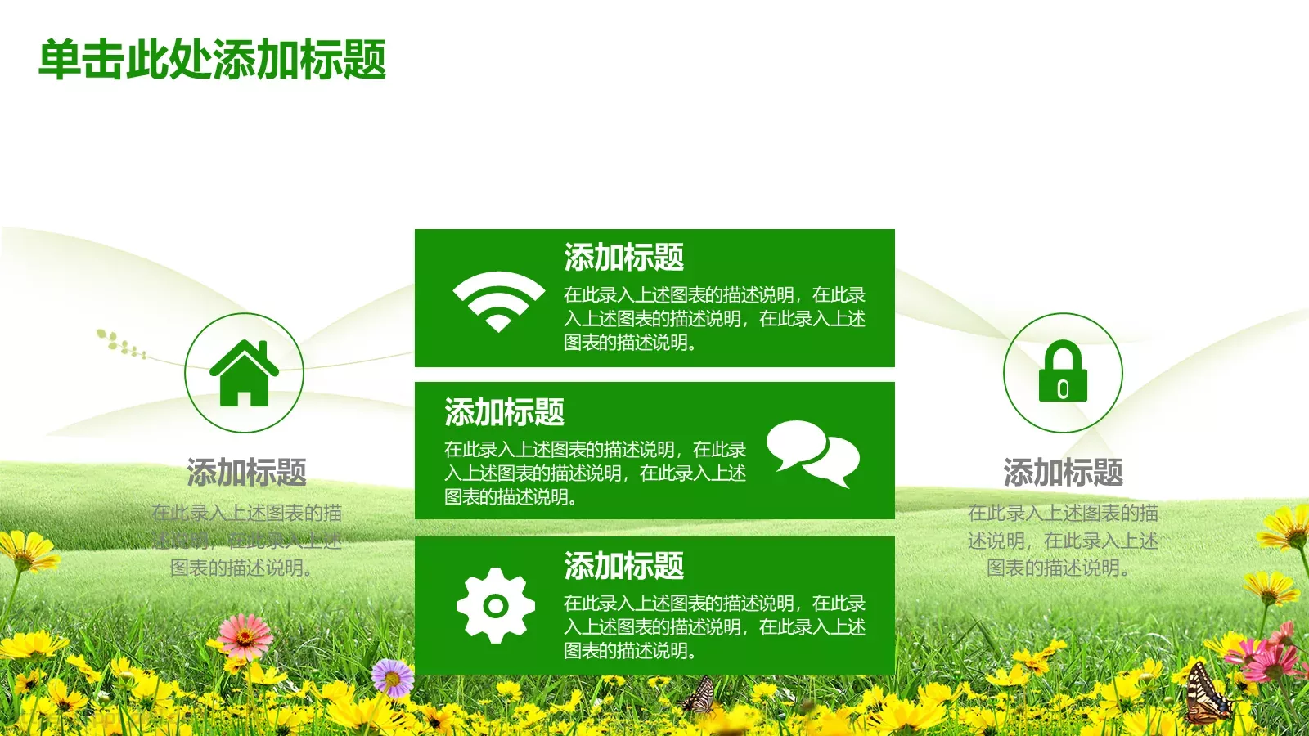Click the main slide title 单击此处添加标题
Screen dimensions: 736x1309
pos(213,60)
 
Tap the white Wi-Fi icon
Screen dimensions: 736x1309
pos(498,300)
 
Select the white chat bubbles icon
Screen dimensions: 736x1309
pos(812,453)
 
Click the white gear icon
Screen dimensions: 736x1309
pos(495,606)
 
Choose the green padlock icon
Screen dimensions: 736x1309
pos(1063,372)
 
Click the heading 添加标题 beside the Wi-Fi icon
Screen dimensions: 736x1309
pos(623,258)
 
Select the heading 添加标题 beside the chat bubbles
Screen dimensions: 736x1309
pos(504,412)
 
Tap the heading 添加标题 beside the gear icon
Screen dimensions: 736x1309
pos(623,566)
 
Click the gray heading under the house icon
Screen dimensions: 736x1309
pos(246,473)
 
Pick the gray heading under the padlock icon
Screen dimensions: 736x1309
pos(1063,473)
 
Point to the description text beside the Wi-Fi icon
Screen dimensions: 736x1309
pos(713,319)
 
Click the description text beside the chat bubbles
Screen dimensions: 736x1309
pos(595,473)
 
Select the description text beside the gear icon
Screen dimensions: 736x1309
pos(713,627)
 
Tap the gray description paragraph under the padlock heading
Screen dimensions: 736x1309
pos(1063,541)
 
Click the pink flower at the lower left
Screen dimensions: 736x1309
pos(245,635)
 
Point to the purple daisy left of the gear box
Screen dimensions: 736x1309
pos(393,678)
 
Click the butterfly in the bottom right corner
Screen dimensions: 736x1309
pos(1208,695)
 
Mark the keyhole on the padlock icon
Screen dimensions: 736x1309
pos(1063,389)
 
